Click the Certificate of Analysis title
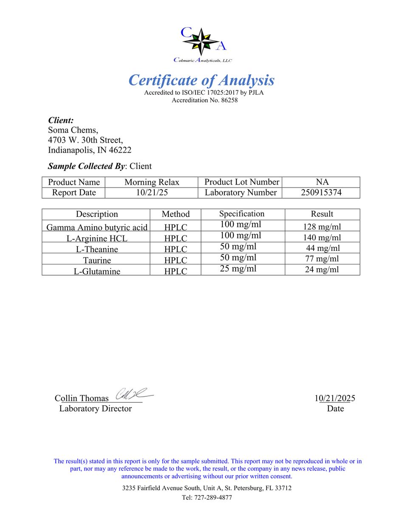(201, 80)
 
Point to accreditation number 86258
(229, 101)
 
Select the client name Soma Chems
(73, 130)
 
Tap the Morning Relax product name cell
(152, 182)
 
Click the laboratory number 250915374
(321, 193)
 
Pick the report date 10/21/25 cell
(152, 193)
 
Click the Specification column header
(242, 214)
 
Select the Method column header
(176, 214)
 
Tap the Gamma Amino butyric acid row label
(96, 227)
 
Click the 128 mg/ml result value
(322, 227)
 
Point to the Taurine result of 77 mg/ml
(322, 259)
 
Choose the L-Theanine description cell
(97, 249)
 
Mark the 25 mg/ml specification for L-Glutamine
(238, 269)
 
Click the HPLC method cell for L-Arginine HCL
(176, 238)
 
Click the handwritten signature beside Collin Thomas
(133, 394)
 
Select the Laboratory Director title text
(95, 409)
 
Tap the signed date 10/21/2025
(334, 398)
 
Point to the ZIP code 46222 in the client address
(120, 150)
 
